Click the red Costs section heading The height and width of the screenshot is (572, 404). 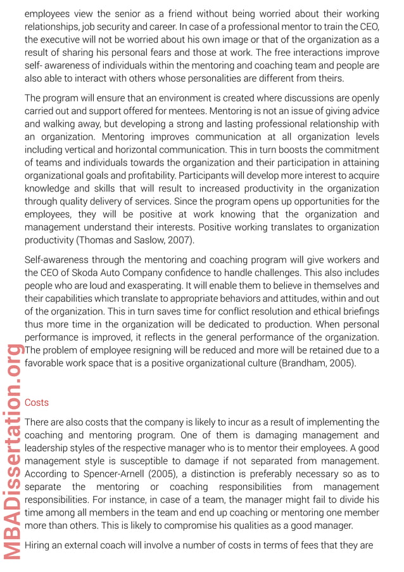tap(36, 403)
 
